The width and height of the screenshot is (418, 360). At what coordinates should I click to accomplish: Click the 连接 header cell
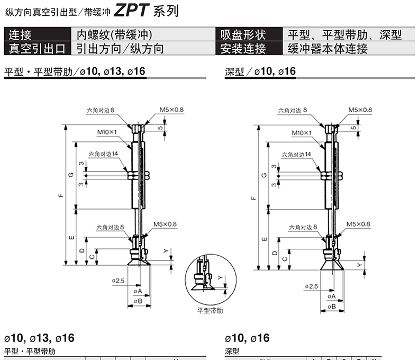38,34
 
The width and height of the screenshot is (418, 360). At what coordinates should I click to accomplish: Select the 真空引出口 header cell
38,48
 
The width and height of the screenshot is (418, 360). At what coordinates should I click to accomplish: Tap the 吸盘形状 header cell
249,34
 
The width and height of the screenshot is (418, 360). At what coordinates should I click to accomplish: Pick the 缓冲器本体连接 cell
328,49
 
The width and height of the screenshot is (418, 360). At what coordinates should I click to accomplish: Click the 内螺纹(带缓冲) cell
114,34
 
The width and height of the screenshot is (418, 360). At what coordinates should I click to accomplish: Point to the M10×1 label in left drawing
107,132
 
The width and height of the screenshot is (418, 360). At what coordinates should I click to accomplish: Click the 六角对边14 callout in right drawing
296,155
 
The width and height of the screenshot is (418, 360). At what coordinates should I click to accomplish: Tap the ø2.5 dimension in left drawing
118,281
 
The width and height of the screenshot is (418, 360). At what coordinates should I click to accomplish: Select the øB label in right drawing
332,307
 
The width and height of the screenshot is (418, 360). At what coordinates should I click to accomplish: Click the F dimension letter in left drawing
61,196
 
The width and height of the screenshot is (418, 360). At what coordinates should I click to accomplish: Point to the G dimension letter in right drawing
264,175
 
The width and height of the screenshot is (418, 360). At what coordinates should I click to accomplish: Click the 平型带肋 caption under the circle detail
210,310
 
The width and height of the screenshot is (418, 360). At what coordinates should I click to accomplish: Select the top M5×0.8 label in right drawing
360,110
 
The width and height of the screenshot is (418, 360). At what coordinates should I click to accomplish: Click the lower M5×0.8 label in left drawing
165,224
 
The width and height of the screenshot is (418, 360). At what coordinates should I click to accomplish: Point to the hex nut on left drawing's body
138,175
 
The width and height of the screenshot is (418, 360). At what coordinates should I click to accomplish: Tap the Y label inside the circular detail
220,277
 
